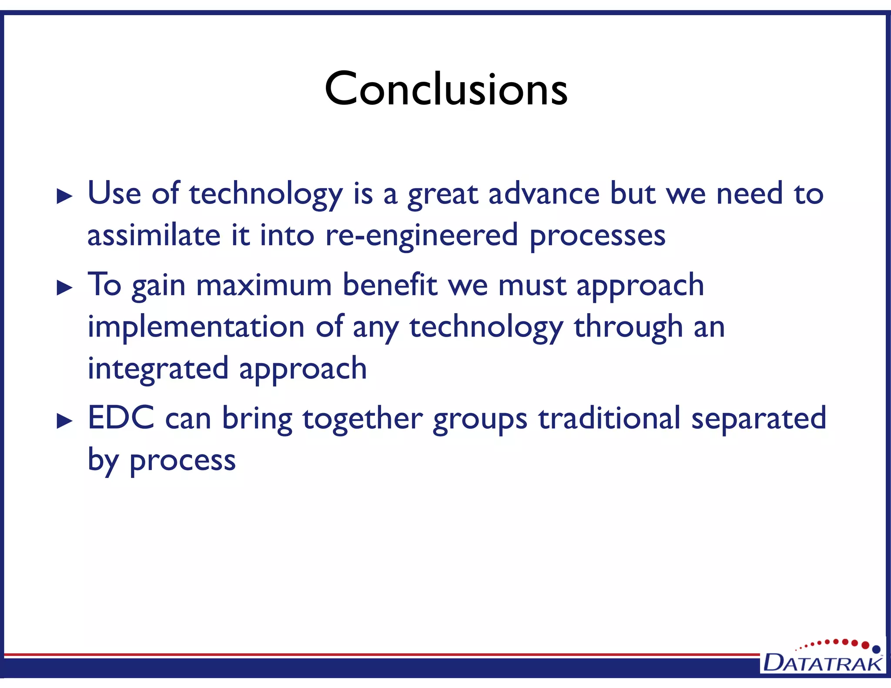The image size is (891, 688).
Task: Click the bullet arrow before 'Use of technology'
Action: pos(65,197)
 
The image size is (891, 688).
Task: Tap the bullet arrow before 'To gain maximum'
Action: pos(65,288)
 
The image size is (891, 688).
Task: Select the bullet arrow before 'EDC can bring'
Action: pos(65,421)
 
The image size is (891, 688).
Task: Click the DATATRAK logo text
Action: pos(822,663)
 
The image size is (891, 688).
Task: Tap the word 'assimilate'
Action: pos(154,235)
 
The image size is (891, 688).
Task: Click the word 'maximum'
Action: pos(264,285)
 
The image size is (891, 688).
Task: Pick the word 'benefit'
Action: pos(389,285)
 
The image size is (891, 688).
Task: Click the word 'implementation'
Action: pos(196,327)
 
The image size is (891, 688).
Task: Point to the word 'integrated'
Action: pos(158,369)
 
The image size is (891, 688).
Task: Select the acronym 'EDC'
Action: pos(121,417)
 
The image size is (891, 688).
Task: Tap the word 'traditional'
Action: pos(609,418)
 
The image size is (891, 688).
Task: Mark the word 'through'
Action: pos(628,327)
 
